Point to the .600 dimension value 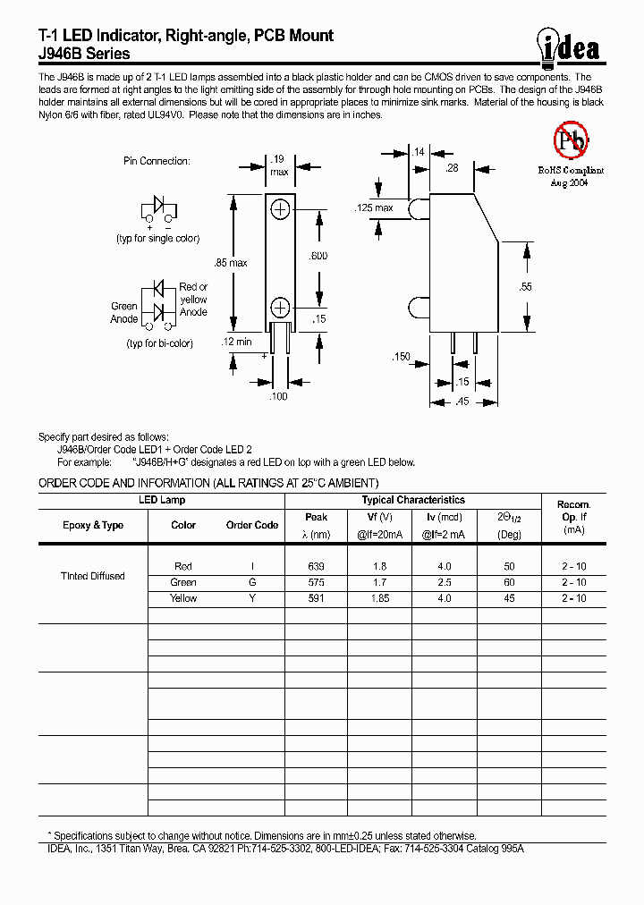(318, 256)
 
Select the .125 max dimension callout (374, 208)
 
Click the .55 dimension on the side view (525, 286)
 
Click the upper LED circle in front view (280, 208)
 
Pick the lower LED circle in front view (280, 308)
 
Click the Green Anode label (124, 313)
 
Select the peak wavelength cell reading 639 (316, 567)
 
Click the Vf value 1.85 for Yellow (380, 598)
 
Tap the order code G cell (252, 582)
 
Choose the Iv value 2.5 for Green (445, 582)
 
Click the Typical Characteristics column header (412, 501)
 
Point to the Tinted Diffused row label (92, 576)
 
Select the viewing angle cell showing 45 (509, 598)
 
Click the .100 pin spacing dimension (279, 396)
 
